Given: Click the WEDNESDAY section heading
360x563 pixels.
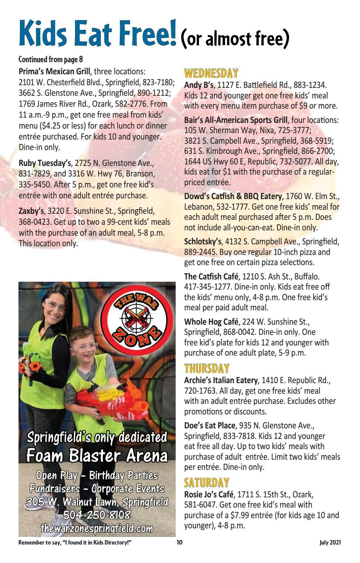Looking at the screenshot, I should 211,73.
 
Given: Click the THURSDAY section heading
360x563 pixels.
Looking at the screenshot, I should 207,368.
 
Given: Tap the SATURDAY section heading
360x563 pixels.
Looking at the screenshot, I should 206,482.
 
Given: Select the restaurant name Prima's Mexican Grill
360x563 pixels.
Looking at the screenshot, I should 55,71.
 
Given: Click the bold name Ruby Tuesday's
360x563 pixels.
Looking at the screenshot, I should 44,163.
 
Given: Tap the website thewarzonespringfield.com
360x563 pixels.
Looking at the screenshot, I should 97,527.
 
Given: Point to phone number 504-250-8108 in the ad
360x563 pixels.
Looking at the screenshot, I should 97,515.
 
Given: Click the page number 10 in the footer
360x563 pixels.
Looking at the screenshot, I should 179,543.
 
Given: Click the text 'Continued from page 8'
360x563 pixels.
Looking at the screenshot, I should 51,59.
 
